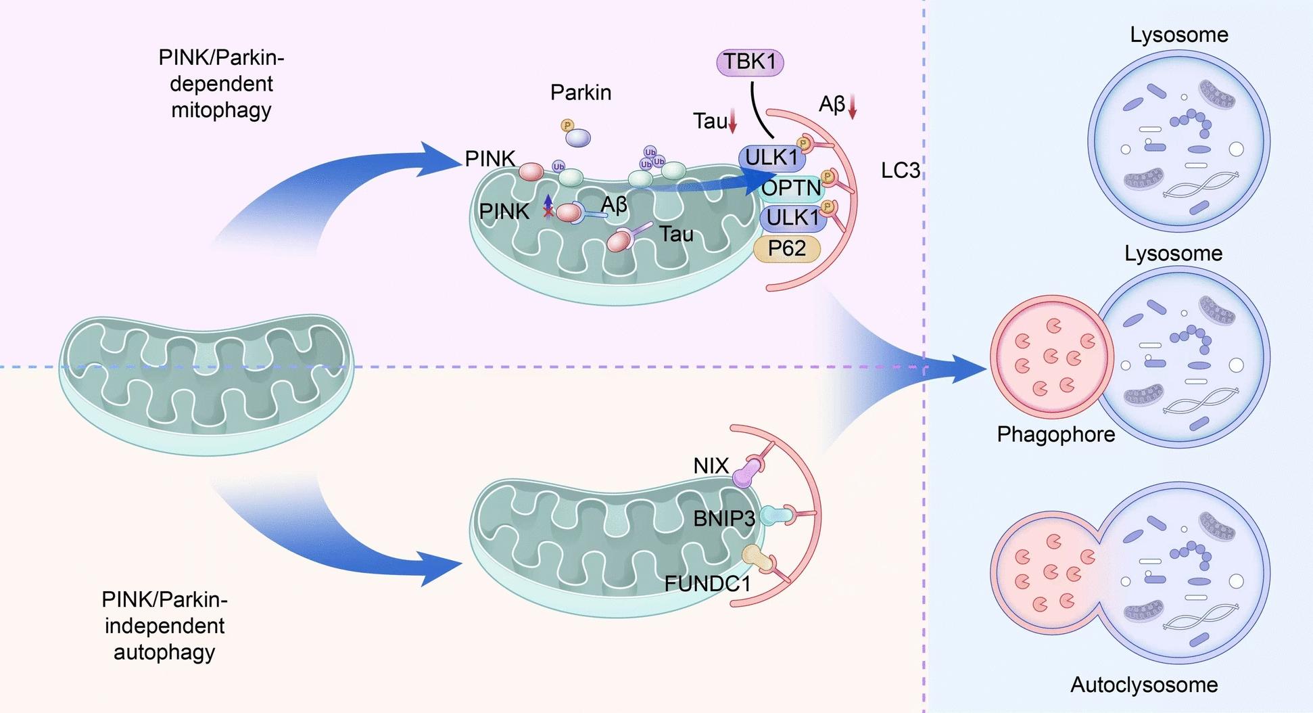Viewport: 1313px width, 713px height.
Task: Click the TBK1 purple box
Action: point(749,62)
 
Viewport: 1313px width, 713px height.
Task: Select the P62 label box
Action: point(787,249)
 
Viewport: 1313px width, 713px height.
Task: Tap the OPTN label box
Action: point(790,187)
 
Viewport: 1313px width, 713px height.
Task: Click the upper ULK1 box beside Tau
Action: point(771,158)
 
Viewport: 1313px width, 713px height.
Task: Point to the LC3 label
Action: point(900,170)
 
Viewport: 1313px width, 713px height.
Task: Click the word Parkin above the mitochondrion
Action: point(580,93)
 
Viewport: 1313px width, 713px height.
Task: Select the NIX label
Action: point(711,465)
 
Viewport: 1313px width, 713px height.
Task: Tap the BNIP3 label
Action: point(723,519)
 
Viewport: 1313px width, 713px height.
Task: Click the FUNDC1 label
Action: point(707,583)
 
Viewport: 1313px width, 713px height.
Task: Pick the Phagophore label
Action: point(1055,434)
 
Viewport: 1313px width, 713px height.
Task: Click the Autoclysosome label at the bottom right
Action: point(1143,685)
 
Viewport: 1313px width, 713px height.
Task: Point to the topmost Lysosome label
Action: point(1178,34)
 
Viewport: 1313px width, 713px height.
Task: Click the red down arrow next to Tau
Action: point(732,122)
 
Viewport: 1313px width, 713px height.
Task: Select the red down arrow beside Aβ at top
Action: point(852,107)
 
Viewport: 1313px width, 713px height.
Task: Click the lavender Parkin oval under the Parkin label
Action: point(577,138)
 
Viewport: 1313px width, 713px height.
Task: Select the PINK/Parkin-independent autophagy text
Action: point(164,626)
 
